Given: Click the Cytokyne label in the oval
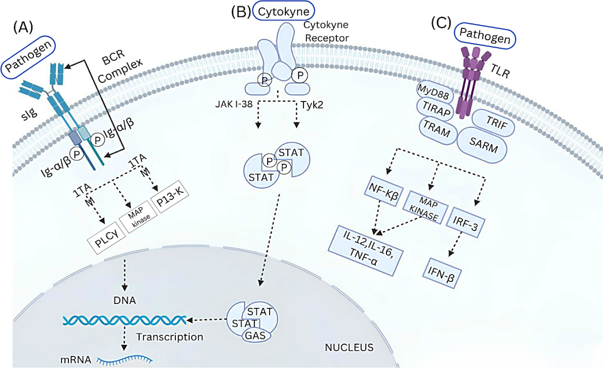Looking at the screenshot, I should [x=284, y=12].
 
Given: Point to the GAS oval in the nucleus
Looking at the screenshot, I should [x=254, y=335].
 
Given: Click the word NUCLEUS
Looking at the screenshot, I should [x=349, y=346].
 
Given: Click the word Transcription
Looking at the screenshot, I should [x=169, y=336].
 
